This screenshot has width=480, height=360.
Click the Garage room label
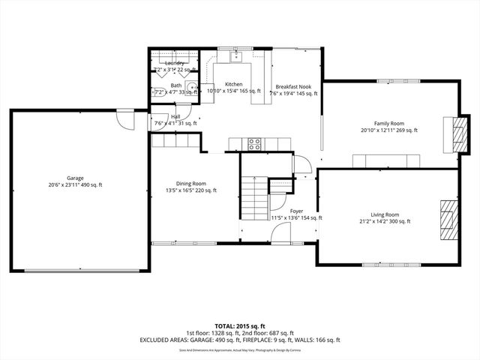click(x=74, y=178)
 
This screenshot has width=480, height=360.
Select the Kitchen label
click(x=233, y=84)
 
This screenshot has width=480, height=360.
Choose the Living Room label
click(x=384, y=214)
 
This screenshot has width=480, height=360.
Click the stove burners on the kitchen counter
click(x=254, y=143)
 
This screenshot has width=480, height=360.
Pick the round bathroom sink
click(x=192, y=88)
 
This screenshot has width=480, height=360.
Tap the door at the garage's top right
click(x=124, y=120)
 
